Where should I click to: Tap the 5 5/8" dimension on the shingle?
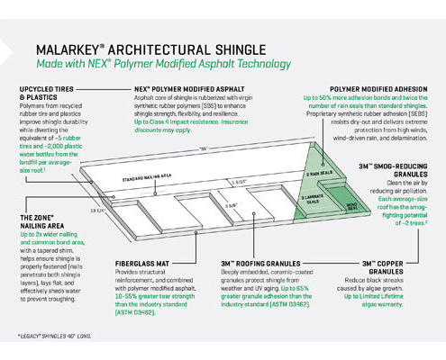232,203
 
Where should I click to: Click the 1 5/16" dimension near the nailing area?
237,181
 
